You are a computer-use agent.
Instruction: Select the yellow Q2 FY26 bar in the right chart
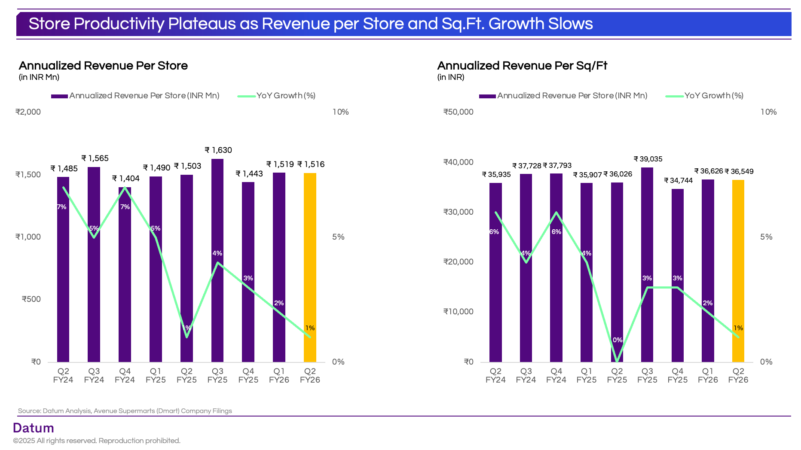[x=738, y=271]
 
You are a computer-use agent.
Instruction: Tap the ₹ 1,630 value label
[x=218, y=150]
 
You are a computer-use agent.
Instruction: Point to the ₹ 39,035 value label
[x=648, y=159]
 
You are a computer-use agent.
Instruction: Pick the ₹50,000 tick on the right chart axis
[x=458, y=112]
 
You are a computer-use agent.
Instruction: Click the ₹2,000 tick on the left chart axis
[x=28, y=112]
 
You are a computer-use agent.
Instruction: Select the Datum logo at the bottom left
[x=34, y=428]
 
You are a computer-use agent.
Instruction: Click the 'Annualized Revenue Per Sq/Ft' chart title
[x=522, y=66]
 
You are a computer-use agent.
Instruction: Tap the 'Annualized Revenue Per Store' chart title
[x=103, y=66]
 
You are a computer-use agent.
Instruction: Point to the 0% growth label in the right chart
[x=618, y=340]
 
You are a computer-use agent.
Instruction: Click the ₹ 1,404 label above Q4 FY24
[x=126, y=179]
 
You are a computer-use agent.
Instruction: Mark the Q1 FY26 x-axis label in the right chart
[x=708, y=375]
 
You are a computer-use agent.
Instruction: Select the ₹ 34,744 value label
[x=679, y=181]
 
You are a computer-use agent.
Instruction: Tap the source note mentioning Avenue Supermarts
[x=125, y=411]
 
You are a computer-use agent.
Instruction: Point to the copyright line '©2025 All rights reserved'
[x=97, y=441]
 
